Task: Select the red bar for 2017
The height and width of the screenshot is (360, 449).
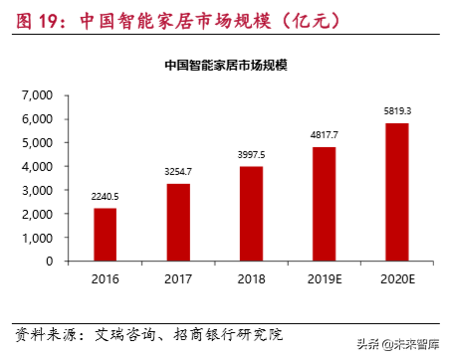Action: point(178,222)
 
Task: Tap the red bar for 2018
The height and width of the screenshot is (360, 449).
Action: point(251,213)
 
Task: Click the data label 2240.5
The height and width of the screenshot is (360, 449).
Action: point(106,196)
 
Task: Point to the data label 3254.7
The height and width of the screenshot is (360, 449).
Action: point(178,172)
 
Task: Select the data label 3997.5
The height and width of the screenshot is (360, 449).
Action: point(251,154)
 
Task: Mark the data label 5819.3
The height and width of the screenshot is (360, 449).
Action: point(396,110)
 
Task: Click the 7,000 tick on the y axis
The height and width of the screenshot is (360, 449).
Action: point(37,95)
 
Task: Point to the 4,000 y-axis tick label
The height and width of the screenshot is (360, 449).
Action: point(37,166)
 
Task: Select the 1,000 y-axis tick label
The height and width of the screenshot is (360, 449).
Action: point(37,238)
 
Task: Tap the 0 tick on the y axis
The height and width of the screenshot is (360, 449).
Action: point(49,262)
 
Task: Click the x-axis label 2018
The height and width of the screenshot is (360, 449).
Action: point(251,278)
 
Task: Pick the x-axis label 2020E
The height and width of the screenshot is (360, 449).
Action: point(396,278)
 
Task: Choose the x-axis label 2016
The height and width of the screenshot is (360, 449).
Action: point(106,278)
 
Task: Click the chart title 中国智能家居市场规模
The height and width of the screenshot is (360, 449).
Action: point(226,66)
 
